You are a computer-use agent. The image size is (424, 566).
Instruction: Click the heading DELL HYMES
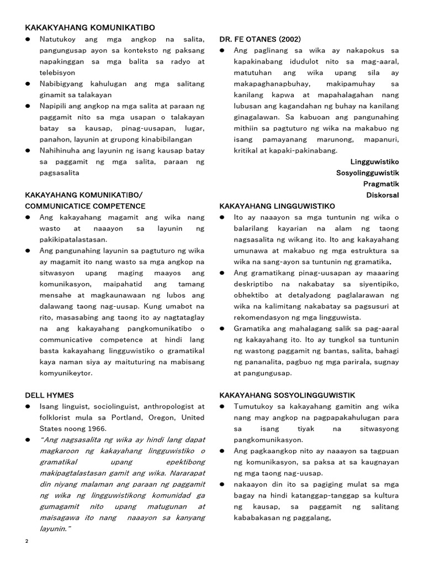point(49,395)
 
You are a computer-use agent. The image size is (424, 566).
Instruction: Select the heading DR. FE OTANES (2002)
point(259,39)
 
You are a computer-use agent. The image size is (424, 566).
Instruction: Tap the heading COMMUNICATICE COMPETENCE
point(86,206)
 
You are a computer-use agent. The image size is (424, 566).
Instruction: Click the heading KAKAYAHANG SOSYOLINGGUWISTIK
point(287,395)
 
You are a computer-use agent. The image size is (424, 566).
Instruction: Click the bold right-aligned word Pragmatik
point(381,184)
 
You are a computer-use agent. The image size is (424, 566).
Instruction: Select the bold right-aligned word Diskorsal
point(383,195)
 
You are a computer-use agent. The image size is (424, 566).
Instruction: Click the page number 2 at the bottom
point(26,541)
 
